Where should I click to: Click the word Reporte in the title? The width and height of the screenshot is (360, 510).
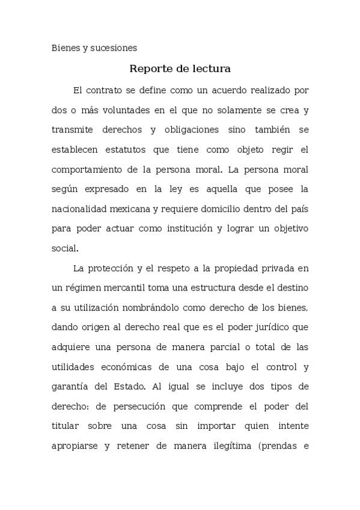pyautogui.click(x=151, y=69)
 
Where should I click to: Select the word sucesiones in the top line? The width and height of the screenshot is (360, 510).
pyautogui.click(x=114, y=48)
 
